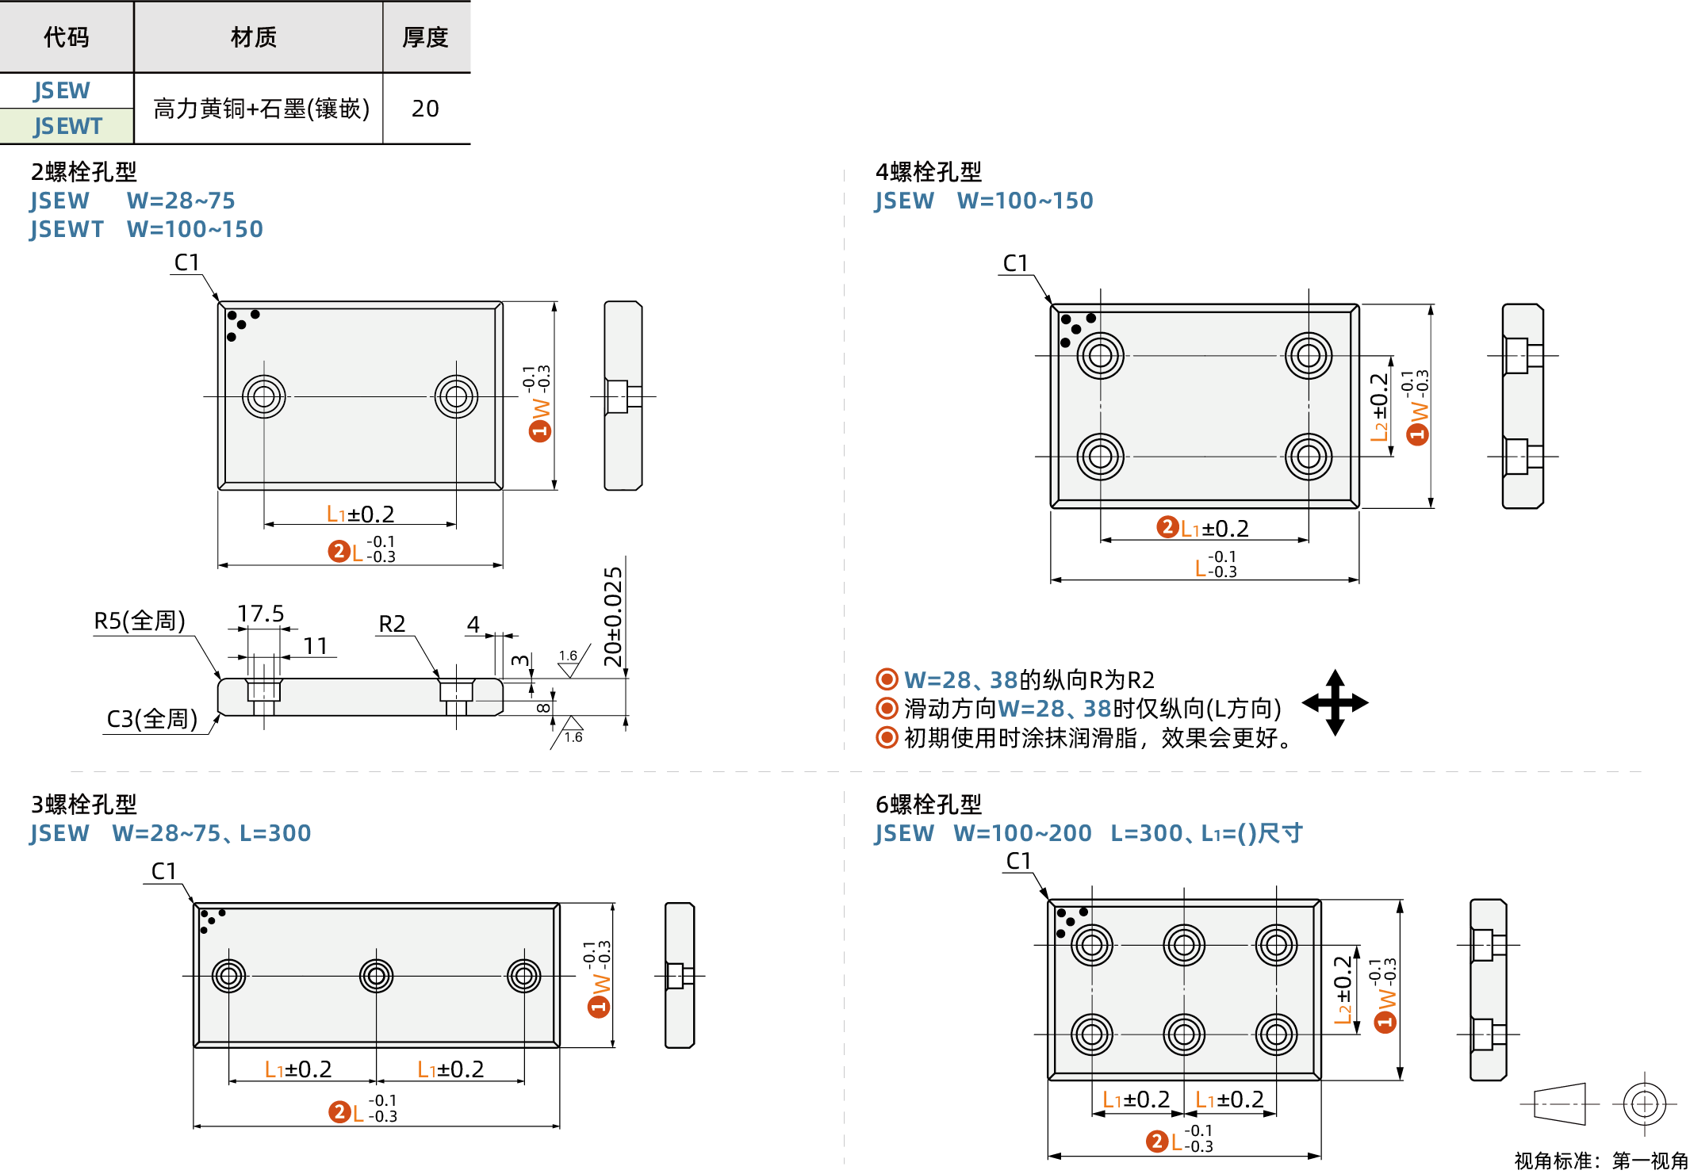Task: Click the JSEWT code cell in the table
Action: point(67,126)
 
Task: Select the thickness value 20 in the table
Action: point(425,109)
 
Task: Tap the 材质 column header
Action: point(254,37)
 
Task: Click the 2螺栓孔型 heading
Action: point(83,171)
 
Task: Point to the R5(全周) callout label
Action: point(140,621)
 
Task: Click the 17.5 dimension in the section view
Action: point(260,614)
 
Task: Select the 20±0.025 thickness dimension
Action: point(613,617)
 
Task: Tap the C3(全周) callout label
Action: point(151,719)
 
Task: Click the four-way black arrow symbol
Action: point(1336,702)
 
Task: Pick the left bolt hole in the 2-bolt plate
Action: point(264,396)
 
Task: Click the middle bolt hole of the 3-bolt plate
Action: point(376,976)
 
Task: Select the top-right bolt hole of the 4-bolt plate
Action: point(1309,355)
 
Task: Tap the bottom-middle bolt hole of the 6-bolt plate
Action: point(1184,1034)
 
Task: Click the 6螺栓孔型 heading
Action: point(928,805)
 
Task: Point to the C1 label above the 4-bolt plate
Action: point(1015,263)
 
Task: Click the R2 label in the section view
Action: point(392,624)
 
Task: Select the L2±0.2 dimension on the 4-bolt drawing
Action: point(1379,407)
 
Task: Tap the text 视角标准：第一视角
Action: point(1600,1161)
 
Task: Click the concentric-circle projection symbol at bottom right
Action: point(1644,1103)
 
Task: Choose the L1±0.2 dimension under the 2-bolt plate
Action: point(360,514)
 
